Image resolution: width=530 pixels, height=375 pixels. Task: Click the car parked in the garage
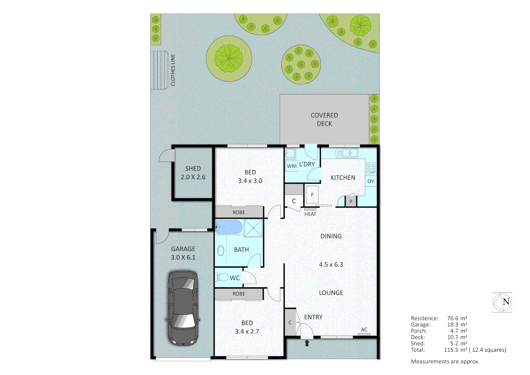(x=183, y=307)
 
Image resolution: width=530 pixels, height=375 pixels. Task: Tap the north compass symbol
(x=502, y=302)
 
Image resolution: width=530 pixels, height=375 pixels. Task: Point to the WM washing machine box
(x=291, y=166)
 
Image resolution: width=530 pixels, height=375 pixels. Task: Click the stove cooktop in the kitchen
(x=371, y=168)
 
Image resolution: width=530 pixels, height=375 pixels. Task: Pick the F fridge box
(x=312, y=195)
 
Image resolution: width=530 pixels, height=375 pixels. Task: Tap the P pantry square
(x=351, y=201)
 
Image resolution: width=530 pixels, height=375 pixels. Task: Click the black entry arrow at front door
(x=307, y=343)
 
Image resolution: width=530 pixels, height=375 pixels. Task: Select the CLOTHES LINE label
(x=173, y=70)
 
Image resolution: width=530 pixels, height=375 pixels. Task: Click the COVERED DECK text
(x=324, y=119)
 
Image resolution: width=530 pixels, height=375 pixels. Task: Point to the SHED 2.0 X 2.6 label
(x=193, y=173)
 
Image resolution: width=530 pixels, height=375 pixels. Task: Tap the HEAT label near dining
(x=310, y=214)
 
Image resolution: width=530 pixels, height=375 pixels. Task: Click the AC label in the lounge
(x=364, y=330)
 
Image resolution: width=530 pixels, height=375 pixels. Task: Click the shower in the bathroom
(x=253, y=228)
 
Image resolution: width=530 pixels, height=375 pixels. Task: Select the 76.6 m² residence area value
(x=457, y=318)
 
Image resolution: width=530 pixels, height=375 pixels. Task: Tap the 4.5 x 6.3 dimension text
(x=331, y=265)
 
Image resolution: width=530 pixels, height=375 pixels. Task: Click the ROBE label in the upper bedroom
(x=239, y=212)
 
